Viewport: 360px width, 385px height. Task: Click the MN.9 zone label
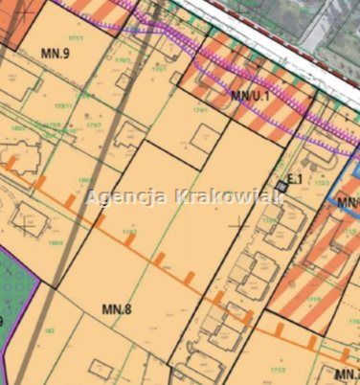(x=56, y=54)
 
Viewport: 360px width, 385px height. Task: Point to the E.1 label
(x=295, y=178)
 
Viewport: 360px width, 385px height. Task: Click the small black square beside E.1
(x=281, y=183)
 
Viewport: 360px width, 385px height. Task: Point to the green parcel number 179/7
(x=93, y=124)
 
